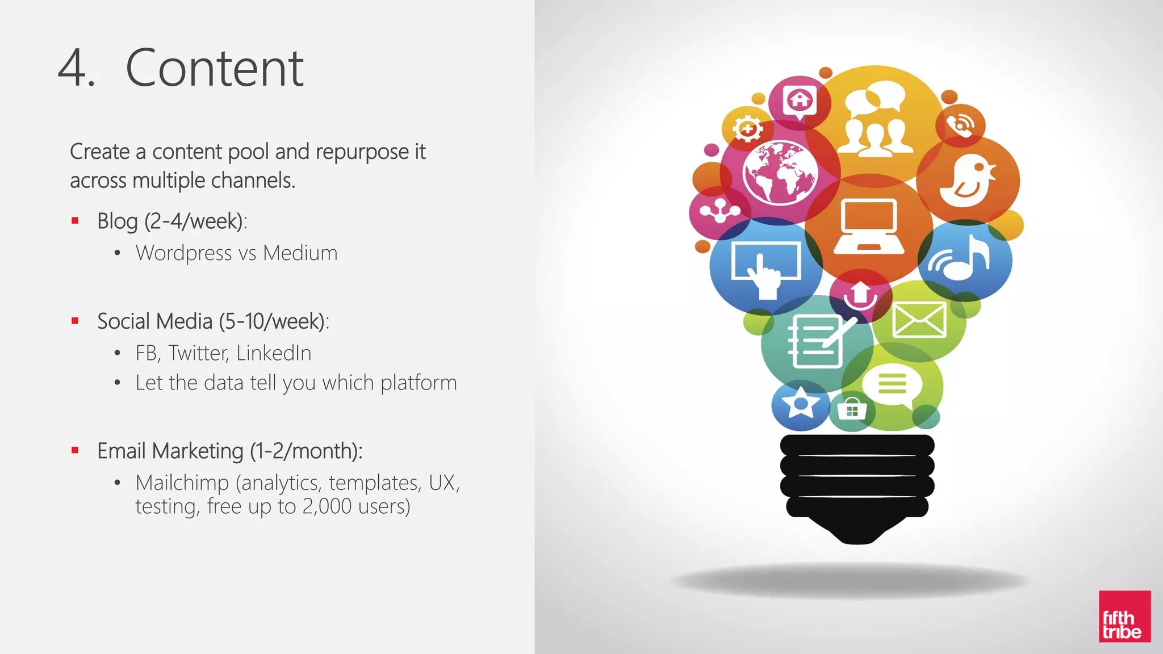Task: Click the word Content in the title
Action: [214, 68]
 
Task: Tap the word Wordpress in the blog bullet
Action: [183, 253]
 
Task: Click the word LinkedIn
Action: [274, 353]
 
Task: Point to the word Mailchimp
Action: [182, 483]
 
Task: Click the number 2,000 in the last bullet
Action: [327, 506]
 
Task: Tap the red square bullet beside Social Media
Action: [75, 321]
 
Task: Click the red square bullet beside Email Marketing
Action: [75, 451]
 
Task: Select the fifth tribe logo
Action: [1124, 617]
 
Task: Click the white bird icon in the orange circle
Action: [968, 181]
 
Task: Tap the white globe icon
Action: [780, 172]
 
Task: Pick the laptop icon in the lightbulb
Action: [869, 227]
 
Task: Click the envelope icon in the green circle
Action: [919, 320]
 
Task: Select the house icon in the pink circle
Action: [800, 101]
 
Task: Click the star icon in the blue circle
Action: [801, 403]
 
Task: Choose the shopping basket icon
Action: [852, 409]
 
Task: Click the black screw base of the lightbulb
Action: [857, 483]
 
